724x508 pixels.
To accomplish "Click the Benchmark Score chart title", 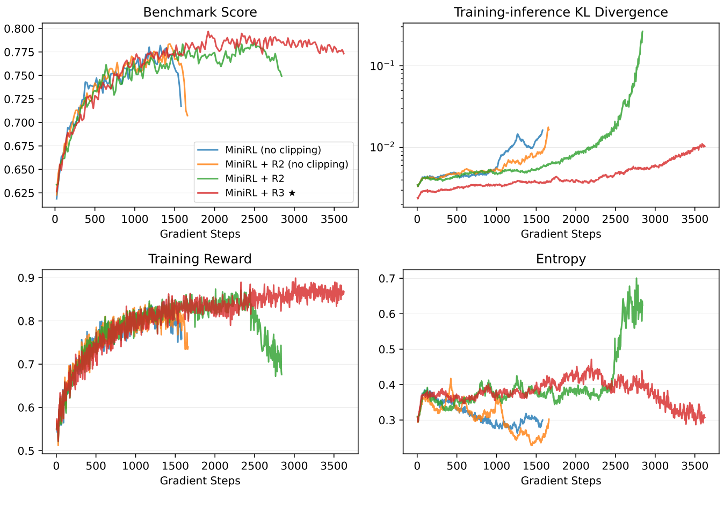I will pyautogui.click(x=200, y=12).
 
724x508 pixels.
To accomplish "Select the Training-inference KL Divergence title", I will pyautogui.click(x=561, y=12).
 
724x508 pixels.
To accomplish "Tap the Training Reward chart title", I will pyautogui.click(x=200, y=259).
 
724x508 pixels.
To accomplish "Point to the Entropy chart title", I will pyautogui.click(x=561, y=259).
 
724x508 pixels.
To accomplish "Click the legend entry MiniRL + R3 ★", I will pyautogui.click(x=260, y=193).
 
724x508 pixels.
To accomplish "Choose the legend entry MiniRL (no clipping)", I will pyautogui.click(x=273, y=150).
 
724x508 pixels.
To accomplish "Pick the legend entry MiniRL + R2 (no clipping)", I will pyautogui.click(x=286, y=164).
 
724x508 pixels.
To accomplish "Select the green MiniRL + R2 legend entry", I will pyautogui.click(x=255, y=178).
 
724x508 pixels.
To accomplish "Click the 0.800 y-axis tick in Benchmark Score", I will pyautogui.click(x=19, y=29).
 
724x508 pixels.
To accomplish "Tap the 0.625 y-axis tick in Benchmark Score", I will pyautogui.click(x=19, y=193).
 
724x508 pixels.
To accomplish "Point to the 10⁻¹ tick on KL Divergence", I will pyautogui.click(x=382, y=66).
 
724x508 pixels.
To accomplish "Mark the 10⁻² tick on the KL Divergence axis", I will pyautogui.click(x=382, y=147).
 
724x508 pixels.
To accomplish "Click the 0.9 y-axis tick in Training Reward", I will pyautogui.click(x=26, y=278).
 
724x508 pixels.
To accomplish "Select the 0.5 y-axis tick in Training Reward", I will pyautogui.click(x=26, y=451).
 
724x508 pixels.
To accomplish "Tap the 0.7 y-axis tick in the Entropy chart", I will pyautogui.click(x=387, y=278).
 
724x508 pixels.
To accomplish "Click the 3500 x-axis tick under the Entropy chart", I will pyautogui.click(x=694, y=466).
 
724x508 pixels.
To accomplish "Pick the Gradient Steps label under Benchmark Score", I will pyautogui.click(x=200, y=234).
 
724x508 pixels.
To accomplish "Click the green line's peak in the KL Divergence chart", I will pyautogui.click(x=642, y=32).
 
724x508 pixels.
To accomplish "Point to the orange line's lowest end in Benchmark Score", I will pyautogui.click(x=187, y=115).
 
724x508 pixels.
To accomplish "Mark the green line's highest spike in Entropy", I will pyautogui.click(x=636, y=278).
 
